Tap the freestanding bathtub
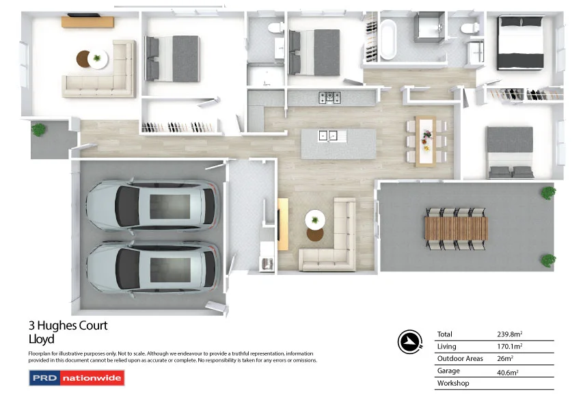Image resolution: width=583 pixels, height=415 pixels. point(389,40)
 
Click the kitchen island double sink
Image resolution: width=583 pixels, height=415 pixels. point(328,135)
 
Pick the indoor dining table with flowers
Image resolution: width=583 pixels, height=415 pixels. point(426,142)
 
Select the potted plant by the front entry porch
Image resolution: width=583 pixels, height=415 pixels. point(40,129)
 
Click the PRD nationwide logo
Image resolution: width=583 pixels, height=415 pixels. point(77,378)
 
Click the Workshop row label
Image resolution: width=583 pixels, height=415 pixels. point(452,384)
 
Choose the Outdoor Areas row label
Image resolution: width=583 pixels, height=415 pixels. point(459,359)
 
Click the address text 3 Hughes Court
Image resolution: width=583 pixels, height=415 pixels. point(68,326)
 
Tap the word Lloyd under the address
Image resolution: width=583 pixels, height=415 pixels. point(41,339)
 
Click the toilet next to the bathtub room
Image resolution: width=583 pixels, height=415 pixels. point(470,29)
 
